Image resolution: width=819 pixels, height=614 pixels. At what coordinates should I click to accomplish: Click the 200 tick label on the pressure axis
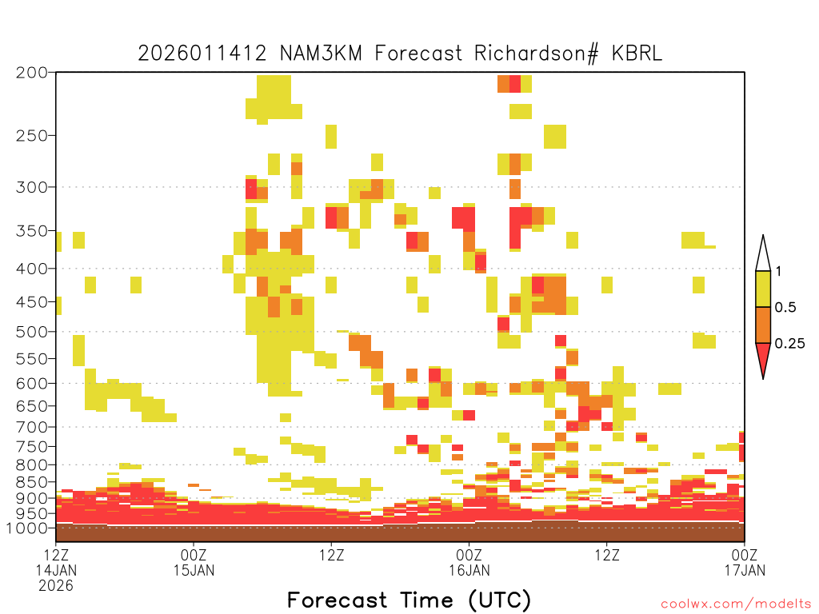pyautogui.click(x=31, y=73)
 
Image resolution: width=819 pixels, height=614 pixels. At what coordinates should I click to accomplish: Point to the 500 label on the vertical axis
pyautogui.click(x=31, y=332)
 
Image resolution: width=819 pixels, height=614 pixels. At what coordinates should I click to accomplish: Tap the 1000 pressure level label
pyautogui.click(x=27, y=528)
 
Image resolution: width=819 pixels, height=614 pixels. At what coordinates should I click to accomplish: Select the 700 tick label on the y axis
pyautogui.click(x=31, y=427)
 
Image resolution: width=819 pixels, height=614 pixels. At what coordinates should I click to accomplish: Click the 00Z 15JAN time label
pyautogui.click(x=194, y=562)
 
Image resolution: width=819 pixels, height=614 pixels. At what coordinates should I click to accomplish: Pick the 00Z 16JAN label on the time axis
pyautogui.click(x=469, y=562)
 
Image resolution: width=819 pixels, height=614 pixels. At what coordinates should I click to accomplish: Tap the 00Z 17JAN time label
pyautogui.click(x=745, y=562)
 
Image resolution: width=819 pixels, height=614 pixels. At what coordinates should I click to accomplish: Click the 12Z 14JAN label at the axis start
pyautogui.click(x=56, y=569)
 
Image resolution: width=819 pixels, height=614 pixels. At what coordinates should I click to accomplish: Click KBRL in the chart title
pyautogui.click(x=637, y=54)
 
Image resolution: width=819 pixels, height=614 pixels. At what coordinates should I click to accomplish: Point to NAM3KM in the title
pyautogui.click(x=321, y=54)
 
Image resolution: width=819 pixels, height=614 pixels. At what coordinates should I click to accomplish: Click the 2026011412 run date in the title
pyautogui.click(x=202, y=54)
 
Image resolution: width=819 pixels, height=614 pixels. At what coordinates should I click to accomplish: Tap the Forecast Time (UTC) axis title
pyautogui.click(x=409, y=600)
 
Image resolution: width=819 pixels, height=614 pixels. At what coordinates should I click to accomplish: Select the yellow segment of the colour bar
pyautogui.click(x=763, y=289)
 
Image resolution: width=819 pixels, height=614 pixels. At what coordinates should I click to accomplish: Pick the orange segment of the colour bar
pyautogui.click(x=763, y=325)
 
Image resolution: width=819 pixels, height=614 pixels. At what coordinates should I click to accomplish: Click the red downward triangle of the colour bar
pyautogui.click(x=763, y=356)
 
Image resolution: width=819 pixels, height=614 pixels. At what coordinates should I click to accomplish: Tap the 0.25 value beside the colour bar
pyautogui.click(x=789, y=344)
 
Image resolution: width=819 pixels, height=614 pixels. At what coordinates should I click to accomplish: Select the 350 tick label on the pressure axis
pyautogui.click(x=31, y=231)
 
